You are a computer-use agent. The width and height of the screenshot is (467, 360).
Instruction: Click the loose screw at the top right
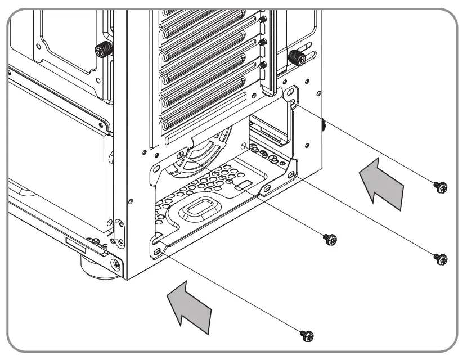(x=441, y=187)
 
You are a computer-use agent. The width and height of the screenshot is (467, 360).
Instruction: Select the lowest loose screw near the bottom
(x=307, y=335)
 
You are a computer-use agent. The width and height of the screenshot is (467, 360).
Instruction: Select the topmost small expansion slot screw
(x=263, y=19)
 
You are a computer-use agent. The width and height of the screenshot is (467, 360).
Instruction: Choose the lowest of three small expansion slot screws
(x=263, y=65)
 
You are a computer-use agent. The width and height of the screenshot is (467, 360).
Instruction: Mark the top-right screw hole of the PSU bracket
(x=290, y=91)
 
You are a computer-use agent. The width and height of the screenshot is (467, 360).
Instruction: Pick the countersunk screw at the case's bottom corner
(x=116, y=263)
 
